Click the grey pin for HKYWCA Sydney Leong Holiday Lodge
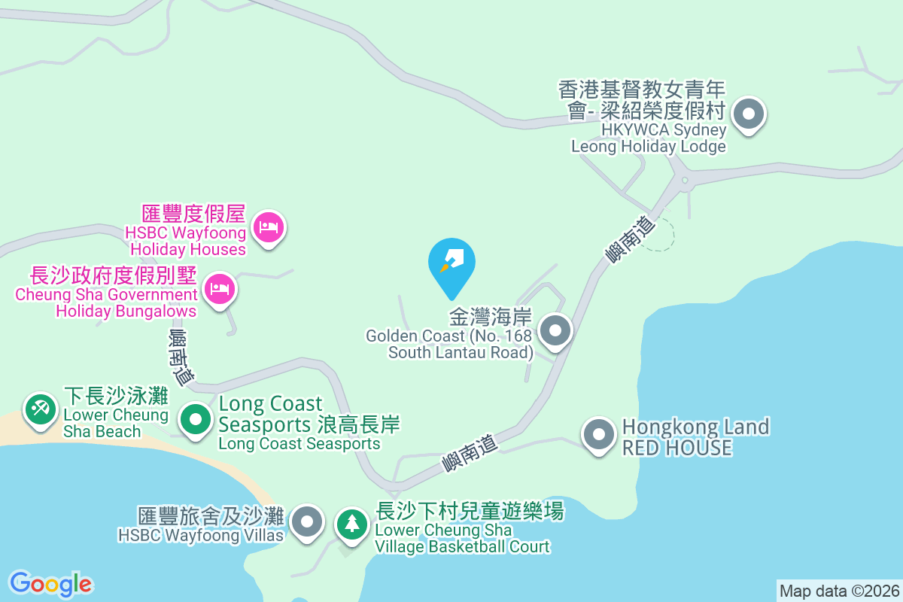coord(749,115)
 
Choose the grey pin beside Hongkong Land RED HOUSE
coord(599,434)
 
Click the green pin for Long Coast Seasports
coord(197,418)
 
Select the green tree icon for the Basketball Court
coord(351,522)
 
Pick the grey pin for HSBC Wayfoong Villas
coord(307,521)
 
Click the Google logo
coord(50,584)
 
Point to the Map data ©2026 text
coord(839,591)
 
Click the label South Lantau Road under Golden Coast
coord(461,352)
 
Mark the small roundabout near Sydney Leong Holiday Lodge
coord(684,180)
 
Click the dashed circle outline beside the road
coord(660,236)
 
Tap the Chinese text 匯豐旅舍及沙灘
coord(211,516)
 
